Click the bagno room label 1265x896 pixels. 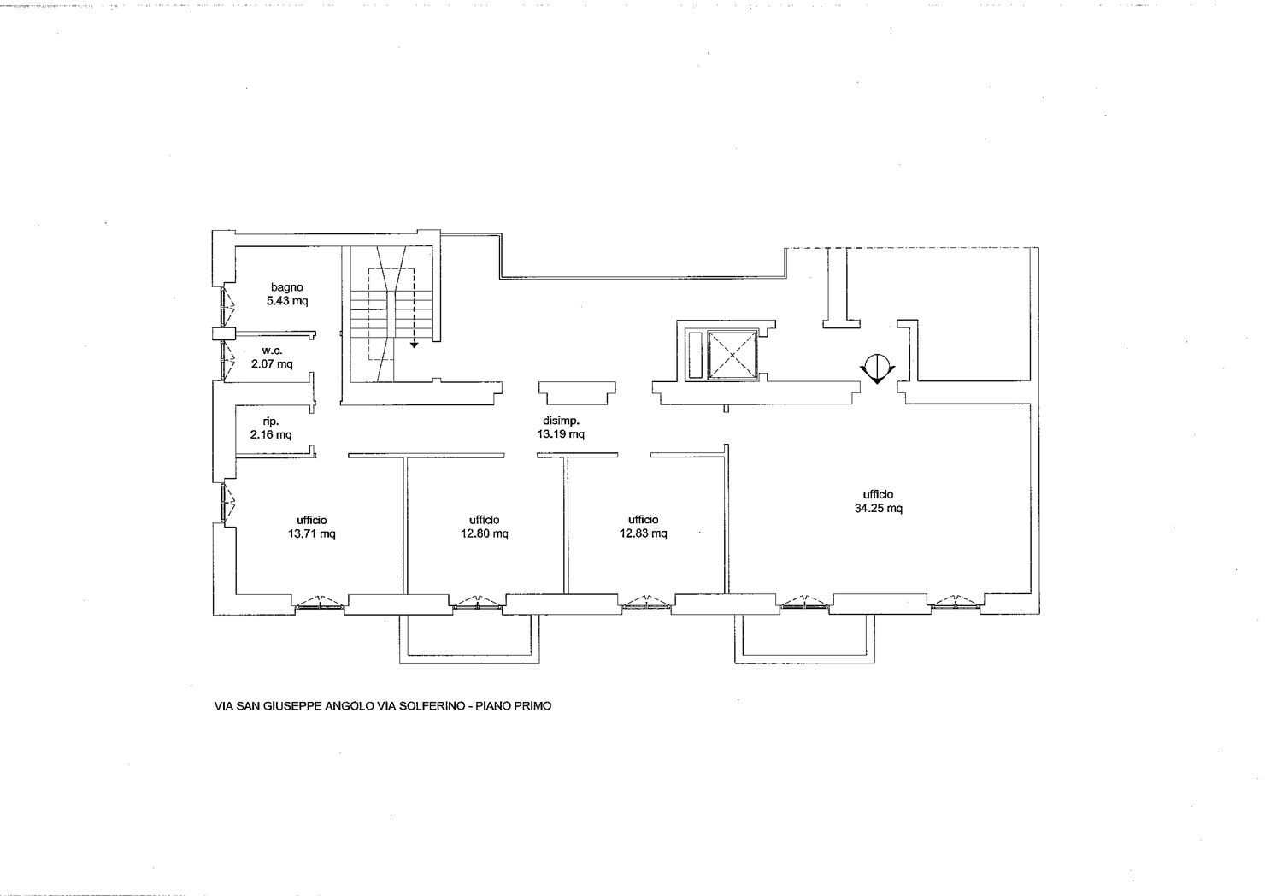287,287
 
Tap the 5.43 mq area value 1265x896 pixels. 287,301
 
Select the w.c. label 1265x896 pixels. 272,351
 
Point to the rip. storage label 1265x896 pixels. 270,421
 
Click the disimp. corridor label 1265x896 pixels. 561,421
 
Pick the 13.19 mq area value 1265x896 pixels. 561,433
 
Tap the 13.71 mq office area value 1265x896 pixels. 312,533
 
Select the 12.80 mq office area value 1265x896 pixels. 485,533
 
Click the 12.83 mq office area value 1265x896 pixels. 644,533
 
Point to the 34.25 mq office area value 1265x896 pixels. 878,509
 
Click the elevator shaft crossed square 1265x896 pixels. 732,354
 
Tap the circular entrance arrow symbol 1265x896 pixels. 877,368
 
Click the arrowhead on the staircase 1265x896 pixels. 414,345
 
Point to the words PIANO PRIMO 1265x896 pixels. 514,706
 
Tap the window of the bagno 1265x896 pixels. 227,305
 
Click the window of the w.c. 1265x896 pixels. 227,360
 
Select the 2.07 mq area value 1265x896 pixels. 272,364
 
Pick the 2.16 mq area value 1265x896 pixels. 270,434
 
